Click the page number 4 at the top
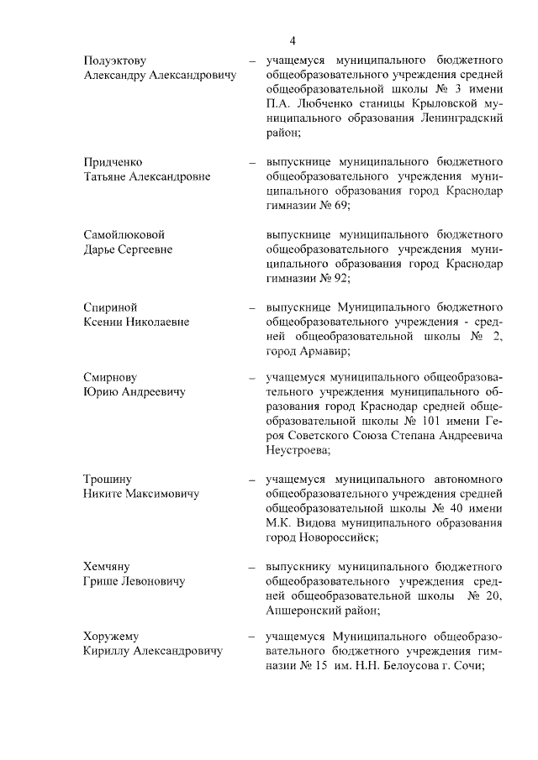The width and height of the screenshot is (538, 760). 293,41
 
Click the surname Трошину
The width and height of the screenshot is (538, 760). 108,480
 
